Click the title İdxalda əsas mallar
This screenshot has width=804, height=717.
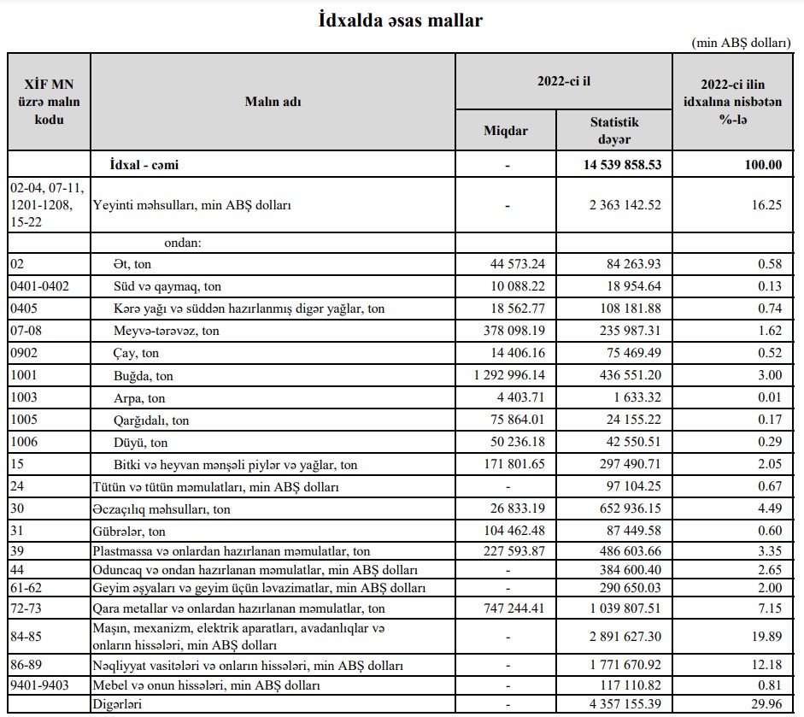[400, 20]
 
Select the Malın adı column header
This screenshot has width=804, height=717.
[273, 103]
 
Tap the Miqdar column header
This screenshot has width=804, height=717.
[506, 131]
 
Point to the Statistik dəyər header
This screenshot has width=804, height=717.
[614, 130]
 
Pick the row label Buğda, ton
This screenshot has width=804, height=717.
[143, 375]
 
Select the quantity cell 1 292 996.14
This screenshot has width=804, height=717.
[508, 375]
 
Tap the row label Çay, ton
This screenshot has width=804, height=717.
[136, 353]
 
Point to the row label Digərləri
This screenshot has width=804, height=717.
[118, 702]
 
